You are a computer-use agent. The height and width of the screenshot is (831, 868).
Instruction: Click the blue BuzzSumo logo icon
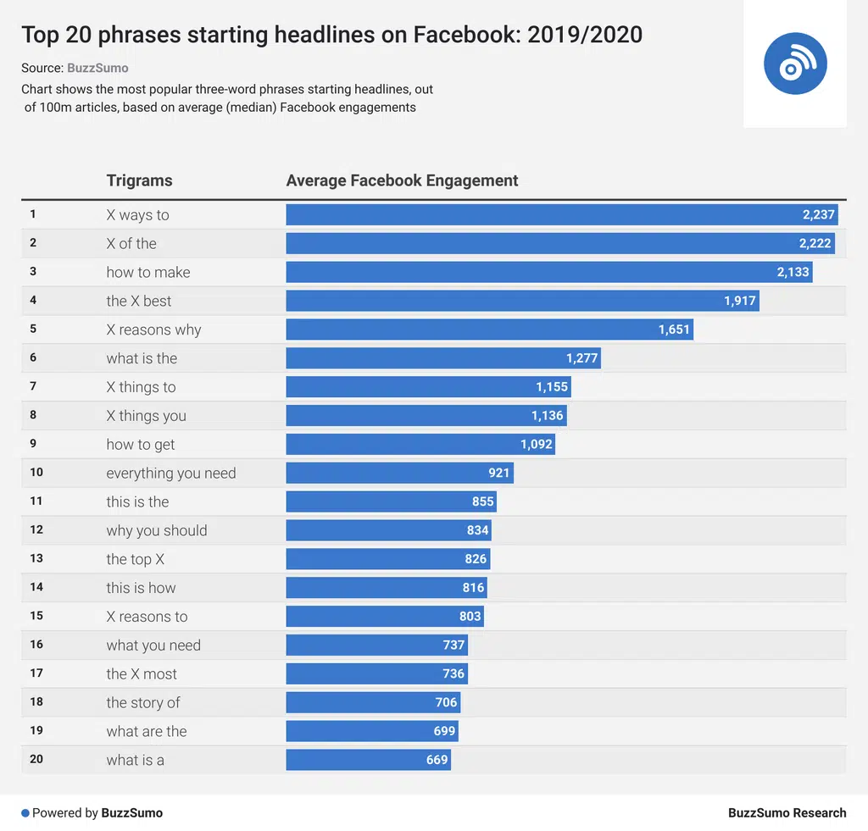click(794, 64)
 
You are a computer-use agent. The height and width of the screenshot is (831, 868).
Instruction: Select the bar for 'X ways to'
click(562, 215)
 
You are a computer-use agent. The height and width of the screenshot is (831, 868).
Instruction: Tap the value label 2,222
click(815, 244)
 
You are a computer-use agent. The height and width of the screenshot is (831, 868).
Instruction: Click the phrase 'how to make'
click(148, 273)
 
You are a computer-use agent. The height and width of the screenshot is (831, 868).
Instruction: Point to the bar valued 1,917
click(522, 301)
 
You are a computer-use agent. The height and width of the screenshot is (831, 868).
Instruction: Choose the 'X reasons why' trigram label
click(153, 330)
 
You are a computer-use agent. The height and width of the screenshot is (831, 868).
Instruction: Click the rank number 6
click(33, 357)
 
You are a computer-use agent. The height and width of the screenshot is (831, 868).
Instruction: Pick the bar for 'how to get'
click(420, 445)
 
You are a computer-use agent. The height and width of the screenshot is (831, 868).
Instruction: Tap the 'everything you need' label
click(171, 474)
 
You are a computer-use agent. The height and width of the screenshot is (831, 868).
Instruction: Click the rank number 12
click(36, 529)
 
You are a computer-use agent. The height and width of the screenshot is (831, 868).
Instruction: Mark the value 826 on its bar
click(476, 559)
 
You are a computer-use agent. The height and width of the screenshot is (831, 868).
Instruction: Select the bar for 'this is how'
click(387, 588)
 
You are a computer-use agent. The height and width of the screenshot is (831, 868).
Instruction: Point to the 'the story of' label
click(143, 703)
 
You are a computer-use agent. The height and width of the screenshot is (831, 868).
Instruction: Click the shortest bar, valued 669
click(368, 760)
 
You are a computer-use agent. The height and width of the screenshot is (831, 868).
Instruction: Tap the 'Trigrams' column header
click(139, 180)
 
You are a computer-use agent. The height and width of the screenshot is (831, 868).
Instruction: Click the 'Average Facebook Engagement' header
click(402, 180)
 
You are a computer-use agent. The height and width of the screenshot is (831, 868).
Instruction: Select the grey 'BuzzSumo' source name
click(97, 68)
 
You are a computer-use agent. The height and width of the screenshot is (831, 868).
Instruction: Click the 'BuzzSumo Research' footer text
click(787, 813)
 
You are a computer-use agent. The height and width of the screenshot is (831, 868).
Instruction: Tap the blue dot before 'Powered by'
click(25, 813)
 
